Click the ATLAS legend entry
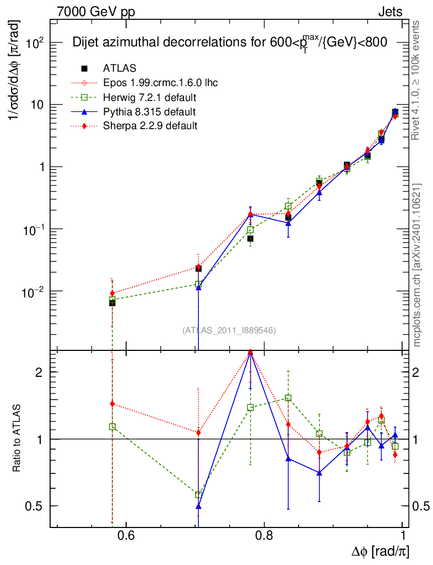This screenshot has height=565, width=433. pyautogui.click(x=120, y=68)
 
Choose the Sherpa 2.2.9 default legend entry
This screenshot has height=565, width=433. pyautogui.click(x=150, y=126)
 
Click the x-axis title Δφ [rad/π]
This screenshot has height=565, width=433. pyautogui.click(x=380, y=551)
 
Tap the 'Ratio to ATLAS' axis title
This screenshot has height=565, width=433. pyautogui.click(x=17, y=439)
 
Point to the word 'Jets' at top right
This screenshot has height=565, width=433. pyautogui.click(x=390, y=11)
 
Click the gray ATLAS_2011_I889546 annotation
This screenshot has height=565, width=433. pyautogui.click(x=229, y=330)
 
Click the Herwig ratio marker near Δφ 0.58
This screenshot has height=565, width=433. pyautogui.click(x=112, y=427)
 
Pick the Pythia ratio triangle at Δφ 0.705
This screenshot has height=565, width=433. pyautogui.click(x=199, y=506)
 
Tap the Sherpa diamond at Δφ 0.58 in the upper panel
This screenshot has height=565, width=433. pyautogui.click(x=112, y=294)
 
